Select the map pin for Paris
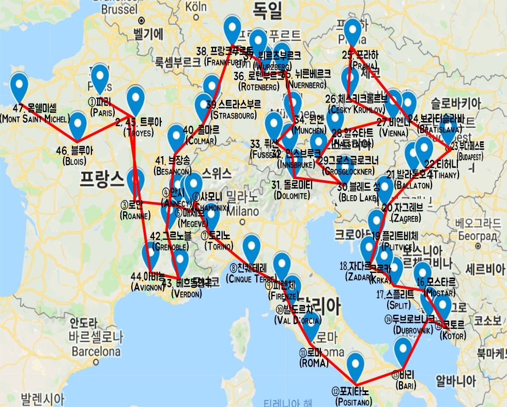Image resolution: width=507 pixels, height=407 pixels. coord(100,78)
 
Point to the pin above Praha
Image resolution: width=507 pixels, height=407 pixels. coord(353,32)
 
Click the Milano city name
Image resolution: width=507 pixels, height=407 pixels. coord(242,211)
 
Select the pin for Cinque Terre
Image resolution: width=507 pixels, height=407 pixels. coord(252,248)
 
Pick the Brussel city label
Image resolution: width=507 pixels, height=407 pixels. coord(119,9)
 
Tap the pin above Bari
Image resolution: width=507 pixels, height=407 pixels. coord(403,351)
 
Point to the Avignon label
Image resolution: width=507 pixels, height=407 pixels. coord(147,286)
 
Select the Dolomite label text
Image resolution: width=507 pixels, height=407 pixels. coord(292,195)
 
